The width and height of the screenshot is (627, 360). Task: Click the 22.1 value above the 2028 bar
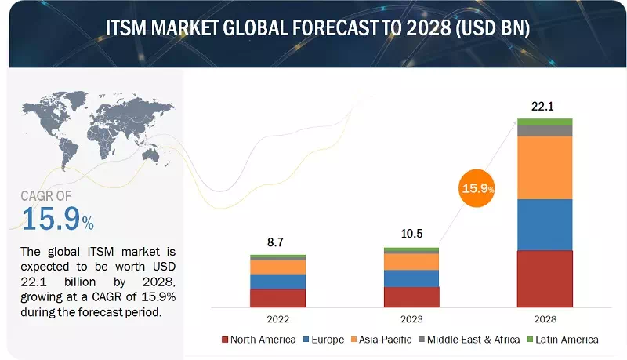pos(544,106)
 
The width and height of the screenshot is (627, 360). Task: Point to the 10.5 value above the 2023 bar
pos(411,235)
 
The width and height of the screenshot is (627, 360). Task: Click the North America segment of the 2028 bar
pos(544,278)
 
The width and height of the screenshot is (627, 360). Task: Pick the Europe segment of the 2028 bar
pos(544,225)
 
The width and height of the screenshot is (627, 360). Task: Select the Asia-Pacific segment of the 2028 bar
pos(544,168)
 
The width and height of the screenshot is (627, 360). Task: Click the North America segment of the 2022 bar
pos(277,298)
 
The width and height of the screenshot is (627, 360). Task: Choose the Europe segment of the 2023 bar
pos(411,278)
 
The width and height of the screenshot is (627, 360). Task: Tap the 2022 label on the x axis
pos(277,319)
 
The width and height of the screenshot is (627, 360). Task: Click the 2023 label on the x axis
pos(411,319)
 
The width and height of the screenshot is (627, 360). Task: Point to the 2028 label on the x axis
pos(544,319)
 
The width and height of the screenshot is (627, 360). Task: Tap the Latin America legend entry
pos(564,340)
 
